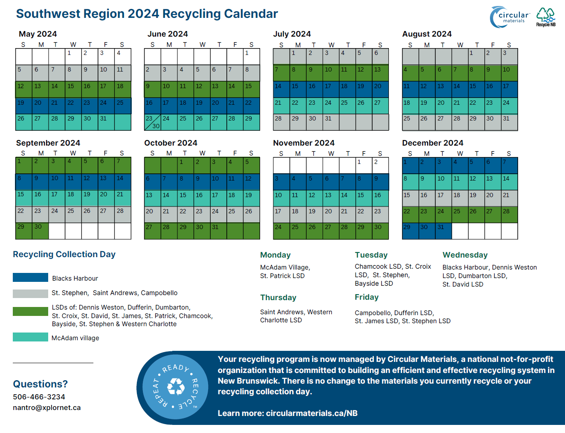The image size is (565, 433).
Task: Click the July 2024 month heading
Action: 292,34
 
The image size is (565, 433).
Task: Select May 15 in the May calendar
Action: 73,89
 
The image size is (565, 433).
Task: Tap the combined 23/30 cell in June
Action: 153,122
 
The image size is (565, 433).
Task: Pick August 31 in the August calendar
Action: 509,122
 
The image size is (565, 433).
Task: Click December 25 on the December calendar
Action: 460,215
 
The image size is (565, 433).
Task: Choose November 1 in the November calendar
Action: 364,165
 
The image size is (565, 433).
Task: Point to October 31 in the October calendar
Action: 218,231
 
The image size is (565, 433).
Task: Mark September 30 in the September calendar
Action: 40,231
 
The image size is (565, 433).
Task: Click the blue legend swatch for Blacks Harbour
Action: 30,278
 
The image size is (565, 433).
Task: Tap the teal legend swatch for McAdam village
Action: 30,337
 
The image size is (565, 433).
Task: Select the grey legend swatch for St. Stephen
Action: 30,293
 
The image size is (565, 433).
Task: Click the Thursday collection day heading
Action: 278,298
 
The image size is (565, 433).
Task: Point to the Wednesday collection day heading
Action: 465,255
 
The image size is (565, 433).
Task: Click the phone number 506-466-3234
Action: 39,397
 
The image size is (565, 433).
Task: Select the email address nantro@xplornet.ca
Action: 46,407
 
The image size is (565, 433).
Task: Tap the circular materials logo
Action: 510,17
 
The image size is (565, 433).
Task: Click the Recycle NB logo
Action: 546,17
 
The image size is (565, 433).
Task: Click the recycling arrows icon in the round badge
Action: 176,387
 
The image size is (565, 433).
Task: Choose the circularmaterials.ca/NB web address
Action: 311,413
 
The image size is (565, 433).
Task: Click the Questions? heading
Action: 40,384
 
